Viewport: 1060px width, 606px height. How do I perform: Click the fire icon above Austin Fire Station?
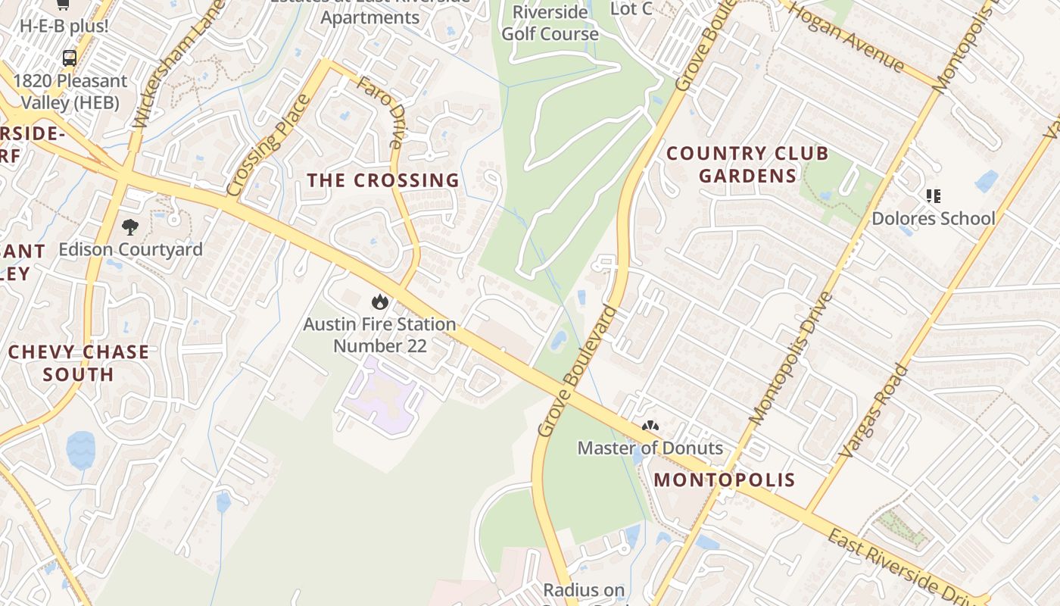point(379,302)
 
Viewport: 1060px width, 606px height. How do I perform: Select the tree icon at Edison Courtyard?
point(130,226)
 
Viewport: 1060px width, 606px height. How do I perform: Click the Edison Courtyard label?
point(130,249)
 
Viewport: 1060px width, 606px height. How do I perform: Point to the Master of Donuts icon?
point(650,426)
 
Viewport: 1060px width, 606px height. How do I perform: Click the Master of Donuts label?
point(650,448)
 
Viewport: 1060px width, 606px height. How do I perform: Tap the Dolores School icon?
point(934,196)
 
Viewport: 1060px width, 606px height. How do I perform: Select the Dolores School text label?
point(934,218)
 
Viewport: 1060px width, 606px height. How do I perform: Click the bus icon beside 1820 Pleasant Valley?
point(69,58)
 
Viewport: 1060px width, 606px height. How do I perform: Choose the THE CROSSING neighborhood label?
point(383,180)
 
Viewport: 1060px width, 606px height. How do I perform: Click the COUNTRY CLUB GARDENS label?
point(747,164)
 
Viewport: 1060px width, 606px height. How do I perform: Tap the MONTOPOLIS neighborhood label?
point(725,479)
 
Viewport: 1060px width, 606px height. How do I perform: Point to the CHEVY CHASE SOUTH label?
point(79,363)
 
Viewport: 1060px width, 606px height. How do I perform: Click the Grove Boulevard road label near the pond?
point(578,371)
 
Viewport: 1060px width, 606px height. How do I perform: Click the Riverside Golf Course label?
point(550,23)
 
